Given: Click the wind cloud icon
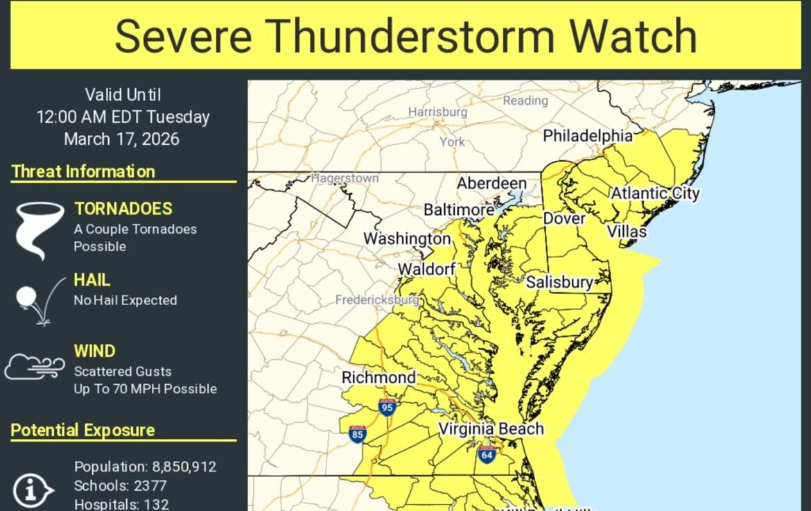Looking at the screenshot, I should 32,366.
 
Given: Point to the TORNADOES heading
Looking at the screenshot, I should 123,209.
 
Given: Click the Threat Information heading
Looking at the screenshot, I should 83,171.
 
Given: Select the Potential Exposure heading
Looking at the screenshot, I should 82,430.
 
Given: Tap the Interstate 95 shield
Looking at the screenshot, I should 387,407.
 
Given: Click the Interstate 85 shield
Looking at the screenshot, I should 358,435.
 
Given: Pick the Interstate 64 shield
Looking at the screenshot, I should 486,456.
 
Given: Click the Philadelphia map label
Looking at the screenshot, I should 587,136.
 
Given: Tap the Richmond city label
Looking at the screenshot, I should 378,378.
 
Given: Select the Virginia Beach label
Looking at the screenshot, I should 491,429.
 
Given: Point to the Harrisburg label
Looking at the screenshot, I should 437,112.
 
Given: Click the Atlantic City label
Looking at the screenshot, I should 654,193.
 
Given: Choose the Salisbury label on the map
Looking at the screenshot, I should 559,282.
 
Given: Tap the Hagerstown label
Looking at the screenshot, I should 345,178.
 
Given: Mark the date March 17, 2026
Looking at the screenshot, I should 121,139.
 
